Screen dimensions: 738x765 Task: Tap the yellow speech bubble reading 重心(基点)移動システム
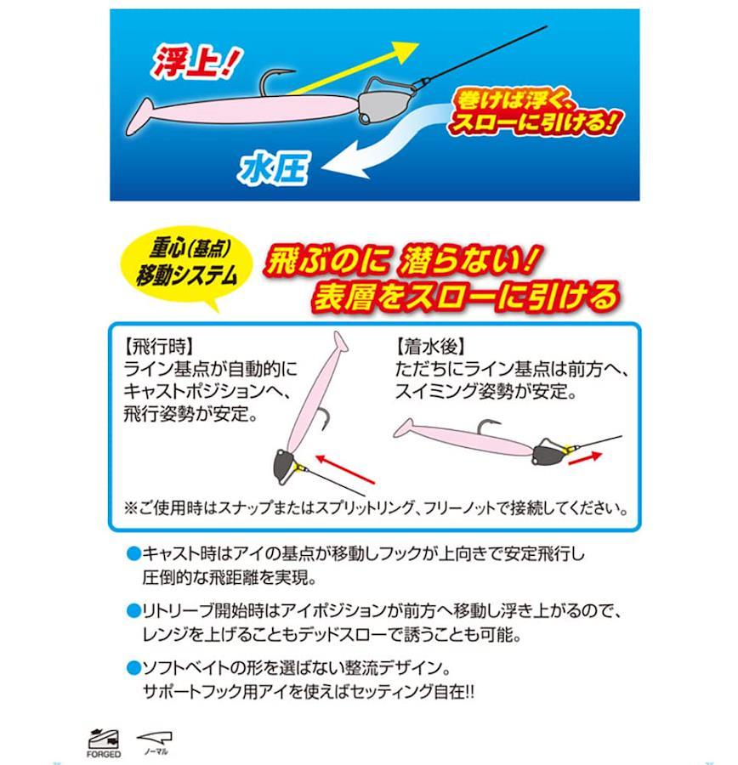point(187,263)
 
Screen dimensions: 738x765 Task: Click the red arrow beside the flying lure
point(346,469)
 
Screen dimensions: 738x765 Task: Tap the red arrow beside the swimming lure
point(585,457)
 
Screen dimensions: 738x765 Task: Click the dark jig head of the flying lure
point(283,465)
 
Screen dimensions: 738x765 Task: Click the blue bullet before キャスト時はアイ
point(133,553)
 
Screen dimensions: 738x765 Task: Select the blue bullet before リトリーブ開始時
point(133,611)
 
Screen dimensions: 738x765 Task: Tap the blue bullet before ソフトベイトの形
point(133,668)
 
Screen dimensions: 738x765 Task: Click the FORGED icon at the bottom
point(103,743)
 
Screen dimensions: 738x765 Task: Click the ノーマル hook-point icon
point(156,743)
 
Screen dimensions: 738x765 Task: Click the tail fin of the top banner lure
point(140,117)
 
